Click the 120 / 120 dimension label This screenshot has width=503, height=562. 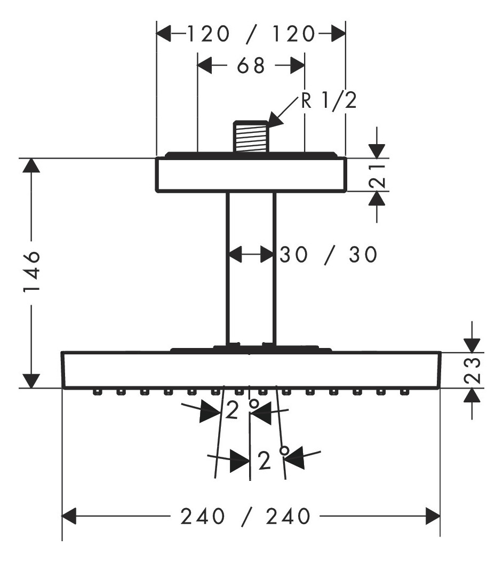[x=251, y=35]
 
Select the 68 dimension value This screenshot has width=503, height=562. [x=251, y=66]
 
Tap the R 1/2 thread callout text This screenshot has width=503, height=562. [x=328, y=100]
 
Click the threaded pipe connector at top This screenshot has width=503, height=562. [x=250, y=137]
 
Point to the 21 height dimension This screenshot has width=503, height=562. [x=377, y=175]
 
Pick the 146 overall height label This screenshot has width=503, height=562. [x=33, y=273]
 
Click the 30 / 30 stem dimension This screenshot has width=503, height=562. [x=328, y=255]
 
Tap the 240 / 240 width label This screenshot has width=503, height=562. [x=245, y=516]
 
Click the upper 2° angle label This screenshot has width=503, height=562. [x=237, y=411]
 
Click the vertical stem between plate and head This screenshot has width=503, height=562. [x=251, y=267]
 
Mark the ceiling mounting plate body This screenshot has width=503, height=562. [x=251, y=175]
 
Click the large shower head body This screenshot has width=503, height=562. [x=251, y=370]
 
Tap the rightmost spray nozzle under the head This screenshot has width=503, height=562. [x=404, y=392]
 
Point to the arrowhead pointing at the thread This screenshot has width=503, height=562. [x=275, y=121]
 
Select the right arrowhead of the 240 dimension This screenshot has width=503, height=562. [x=432, y=516]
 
